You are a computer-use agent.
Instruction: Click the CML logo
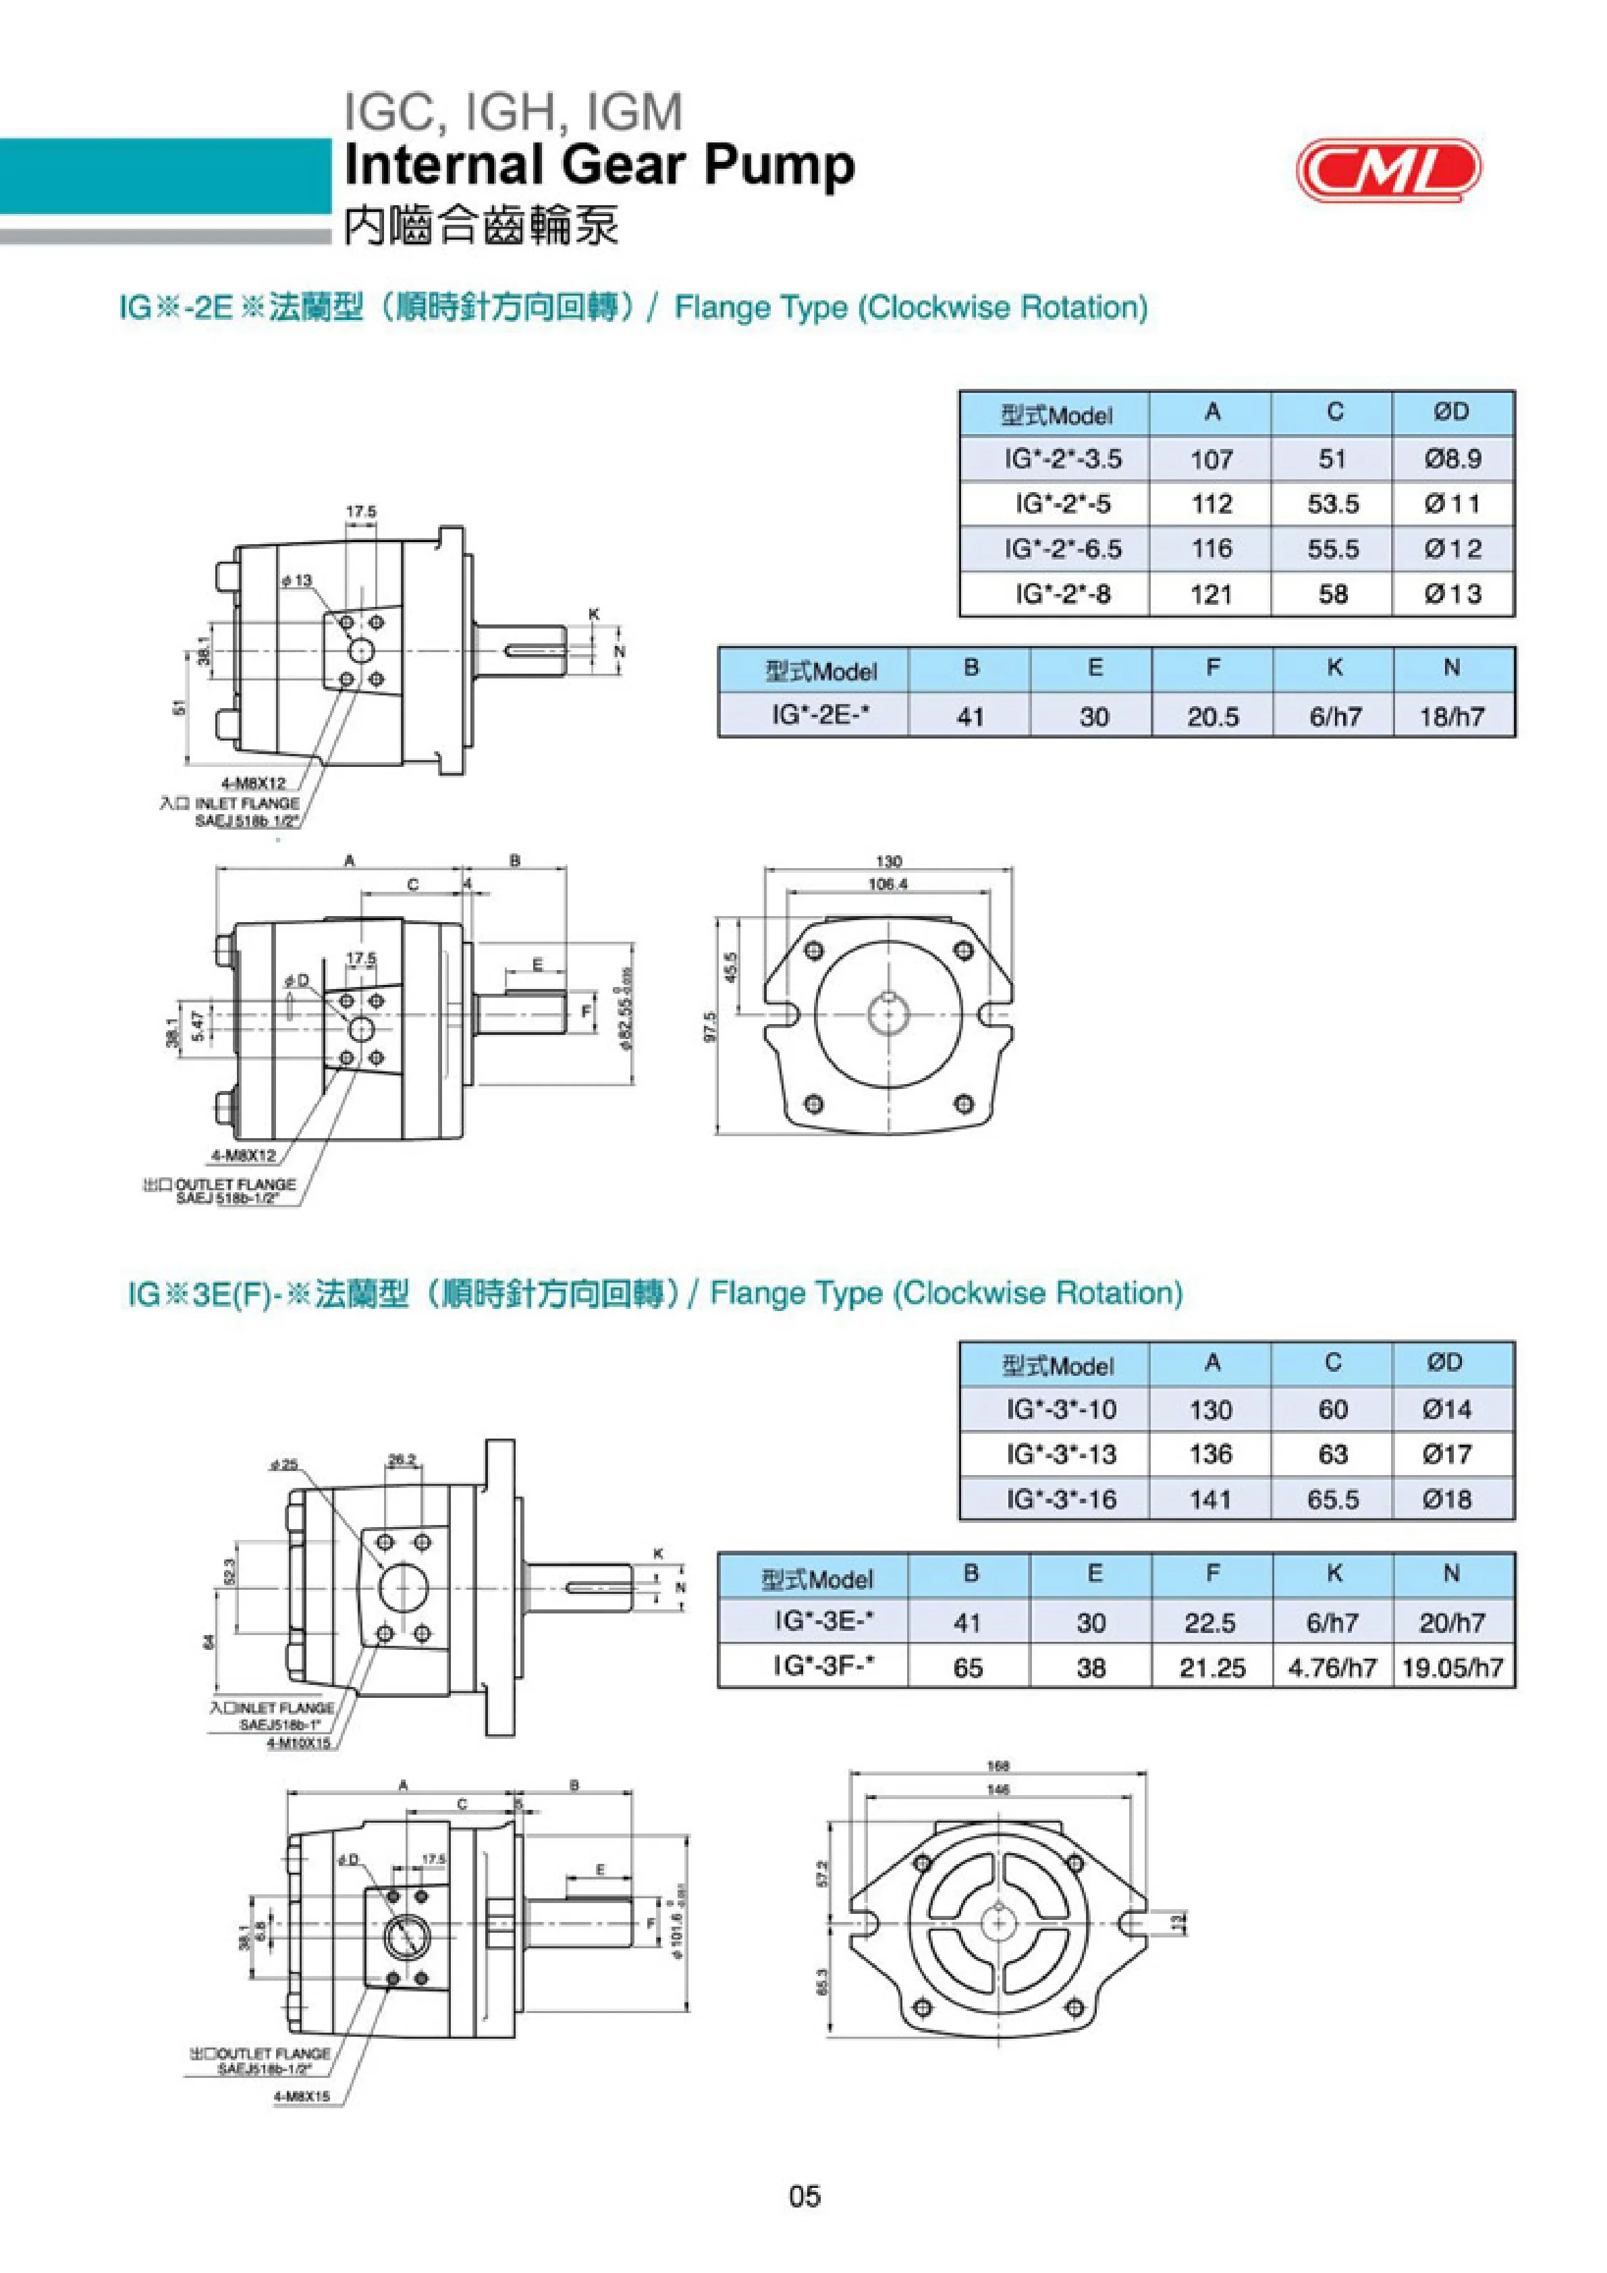(x=1388, y=169)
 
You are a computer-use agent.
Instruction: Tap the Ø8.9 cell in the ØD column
(x=1452, y=459)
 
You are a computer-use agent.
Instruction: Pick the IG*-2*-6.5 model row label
(x=1056, y=550)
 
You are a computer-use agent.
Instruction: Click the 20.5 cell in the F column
(x=1212, y=717)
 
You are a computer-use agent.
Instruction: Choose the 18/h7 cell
(x=1452, y=717)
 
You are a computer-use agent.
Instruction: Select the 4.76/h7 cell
(x=1332, y=1668)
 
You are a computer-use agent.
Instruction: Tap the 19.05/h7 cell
(x=1452, y=1668)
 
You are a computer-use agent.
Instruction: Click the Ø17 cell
(x=1446, y=1454)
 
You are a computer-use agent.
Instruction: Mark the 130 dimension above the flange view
(x=889, y=861)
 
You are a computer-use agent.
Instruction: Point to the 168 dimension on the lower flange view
(x=998, y=1766)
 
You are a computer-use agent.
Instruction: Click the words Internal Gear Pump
(x=599, y=165)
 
